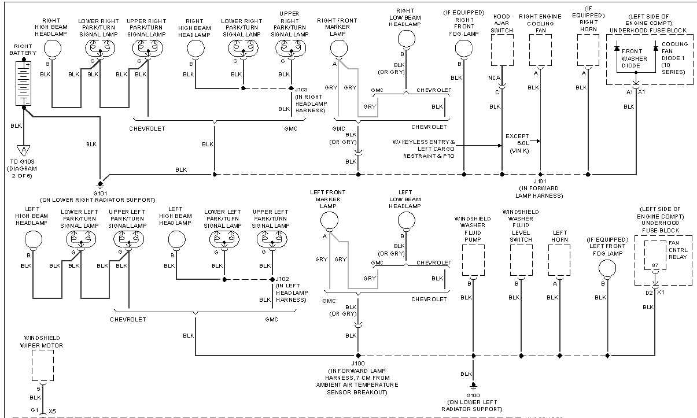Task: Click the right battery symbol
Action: click(x=23, y=83)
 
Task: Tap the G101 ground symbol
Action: click(x=100, y=185)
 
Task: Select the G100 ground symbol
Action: click(x=473, y=387)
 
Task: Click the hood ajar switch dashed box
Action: click(x=502, y=50)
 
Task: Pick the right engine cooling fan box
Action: click(x=540, y=50)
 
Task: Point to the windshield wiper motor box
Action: click(x=43, y=365)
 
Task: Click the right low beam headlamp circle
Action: click(x=407, y=39)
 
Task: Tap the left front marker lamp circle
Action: click(x=329, y=221)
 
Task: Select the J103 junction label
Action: click(x=301, y=90)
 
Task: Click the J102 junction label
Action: click(x=282, y=279)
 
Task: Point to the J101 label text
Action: click(x=540, y=181)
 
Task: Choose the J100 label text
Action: click(x=358, y=363)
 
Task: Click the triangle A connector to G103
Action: click(x=24, y=150)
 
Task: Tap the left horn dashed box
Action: click(x=559, y=260)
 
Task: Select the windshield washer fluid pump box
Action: click(x=473, y=260)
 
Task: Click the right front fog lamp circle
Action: click(x=464, y=49)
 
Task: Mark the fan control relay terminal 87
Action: click(x=655, y=265)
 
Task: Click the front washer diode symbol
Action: click(x=617, y=49)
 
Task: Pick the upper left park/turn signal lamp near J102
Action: click(x=272, y=239)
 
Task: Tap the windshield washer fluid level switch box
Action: click(x=521, y=260)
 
